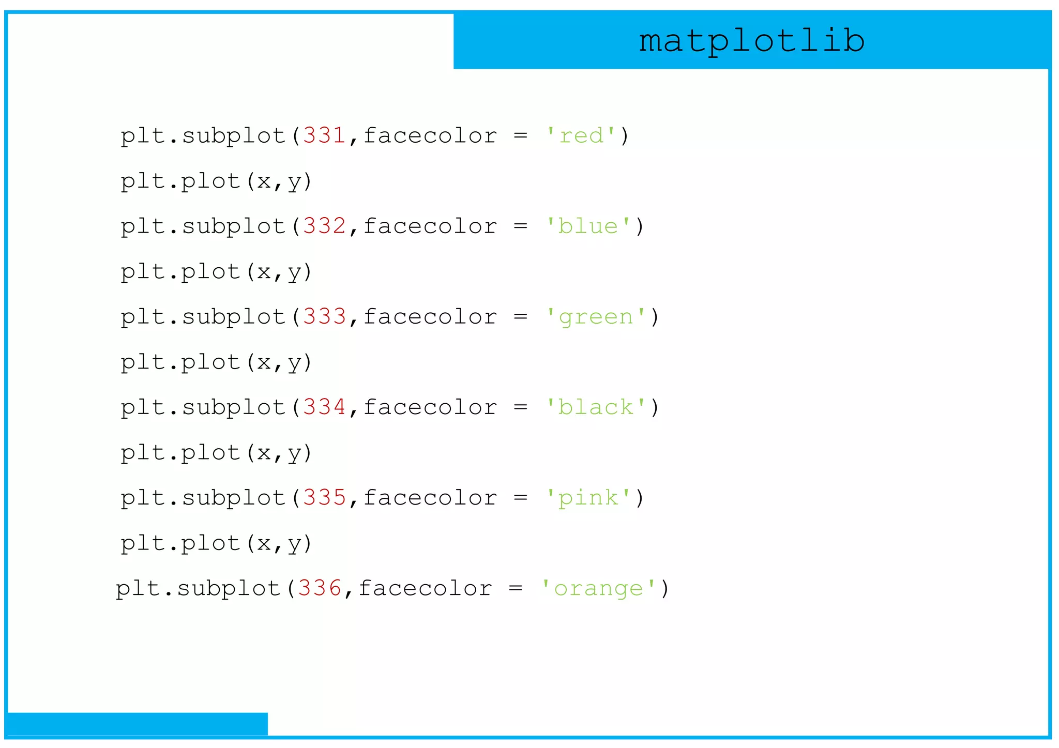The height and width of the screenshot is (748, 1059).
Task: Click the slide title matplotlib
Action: point(751,41)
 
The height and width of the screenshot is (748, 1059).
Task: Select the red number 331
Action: point(324,136)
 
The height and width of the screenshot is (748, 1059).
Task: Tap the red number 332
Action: point(324,226)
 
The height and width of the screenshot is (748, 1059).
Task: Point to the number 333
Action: point(324,317)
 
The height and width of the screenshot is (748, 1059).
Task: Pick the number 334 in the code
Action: point(324,407)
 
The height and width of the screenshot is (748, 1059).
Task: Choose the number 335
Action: point(324,498)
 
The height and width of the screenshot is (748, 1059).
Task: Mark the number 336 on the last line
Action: point(319,588)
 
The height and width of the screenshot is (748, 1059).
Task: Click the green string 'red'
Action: point(582,136)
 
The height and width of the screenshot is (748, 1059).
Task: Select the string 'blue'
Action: point(588,226)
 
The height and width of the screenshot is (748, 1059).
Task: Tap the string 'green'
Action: point(596,317)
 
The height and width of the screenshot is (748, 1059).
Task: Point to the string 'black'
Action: point(596,407)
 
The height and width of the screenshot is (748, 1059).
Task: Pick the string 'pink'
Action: point(588,498)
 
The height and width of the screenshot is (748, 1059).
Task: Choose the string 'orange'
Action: point(599,588)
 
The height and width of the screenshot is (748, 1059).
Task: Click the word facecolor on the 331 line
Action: point(430,136)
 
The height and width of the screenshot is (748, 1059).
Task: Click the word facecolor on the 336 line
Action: point(425,588)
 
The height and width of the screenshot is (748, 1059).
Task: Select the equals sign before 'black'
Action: point(520,407)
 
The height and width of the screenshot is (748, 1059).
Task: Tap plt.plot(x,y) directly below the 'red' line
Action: point(216,181)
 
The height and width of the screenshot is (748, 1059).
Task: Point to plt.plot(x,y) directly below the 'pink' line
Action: point(216,543)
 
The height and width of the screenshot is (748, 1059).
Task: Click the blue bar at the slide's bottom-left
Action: point(137,724)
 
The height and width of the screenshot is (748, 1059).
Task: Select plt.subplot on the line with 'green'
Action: point(203,317)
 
